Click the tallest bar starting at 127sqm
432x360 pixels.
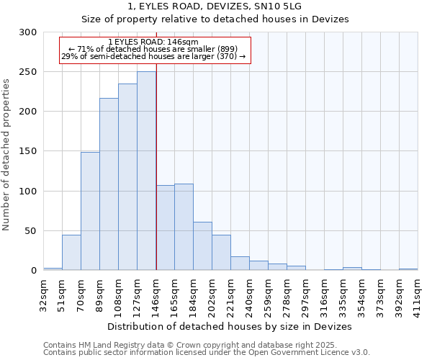pos(146,171)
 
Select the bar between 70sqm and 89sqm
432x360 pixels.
pos(90,211)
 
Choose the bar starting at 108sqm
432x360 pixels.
pos(127,177)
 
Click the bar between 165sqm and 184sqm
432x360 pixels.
pos(184,227)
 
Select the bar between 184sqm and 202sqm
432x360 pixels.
pos(202,246)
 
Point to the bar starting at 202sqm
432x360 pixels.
pos(221,253)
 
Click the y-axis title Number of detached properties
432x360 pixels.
pos(6,154)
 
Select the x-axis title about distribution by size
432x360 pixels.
pos(229,326)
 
